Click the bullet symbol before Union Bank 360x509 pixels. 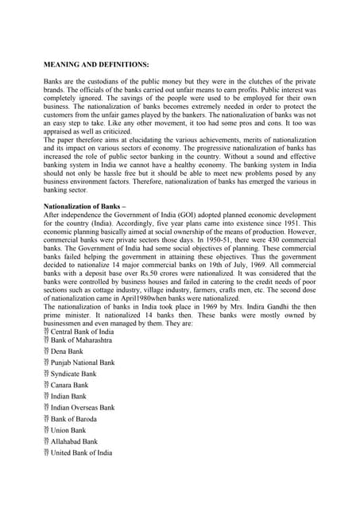click(x=46, y=429)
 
